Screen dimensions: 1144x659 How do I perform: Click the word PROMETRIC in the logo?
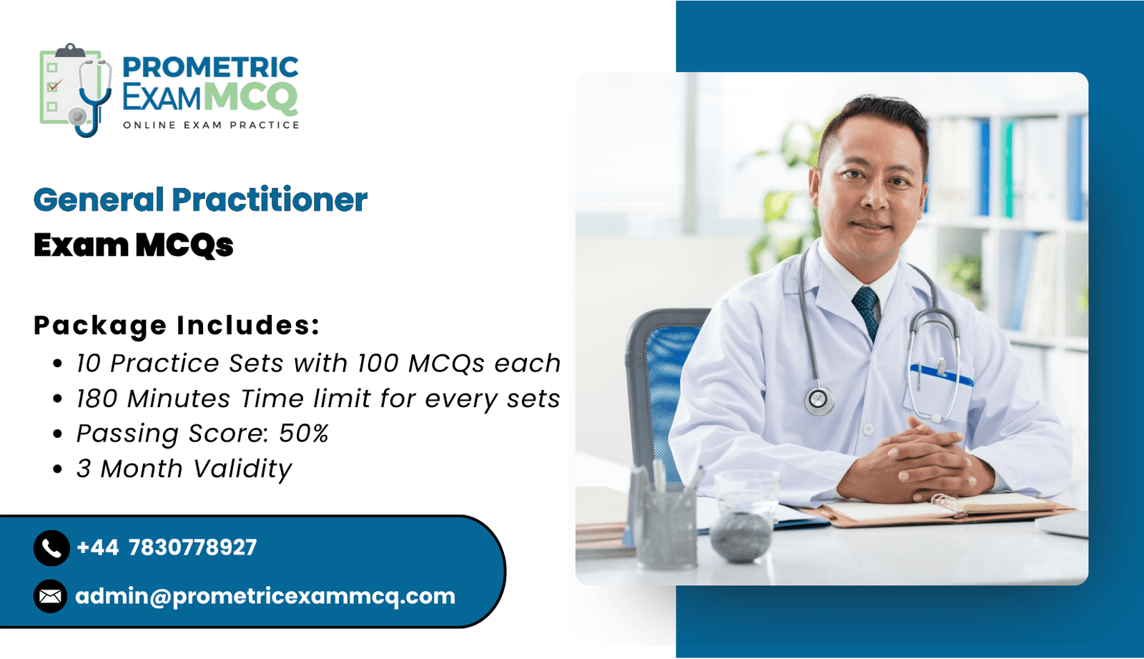[210, 67]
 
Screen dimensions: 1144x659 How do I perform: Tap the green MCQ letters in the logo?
[253, 97]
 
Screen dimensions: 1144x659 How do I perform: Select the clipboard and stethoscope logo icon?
[76, 90]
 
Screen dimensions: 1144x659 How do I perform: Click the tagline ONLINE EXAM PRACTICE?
[211, 125]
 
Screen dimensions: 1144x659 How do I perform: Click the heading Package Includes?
[177, 325]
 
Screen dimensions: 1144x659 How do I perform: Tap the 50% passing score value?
[303, 433]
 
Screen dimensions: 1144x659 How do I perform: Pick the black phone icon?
[51, 548]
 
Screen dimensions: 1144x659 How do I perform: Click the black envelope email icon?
[51, 596]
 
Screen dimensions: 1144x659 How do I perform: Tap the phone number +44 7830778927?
[167, 547]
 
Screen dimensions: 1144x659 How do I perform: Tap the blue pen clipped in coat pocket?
[941, 375]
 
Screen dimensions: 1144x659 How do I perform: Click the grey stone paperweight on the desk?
[739, 537]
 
